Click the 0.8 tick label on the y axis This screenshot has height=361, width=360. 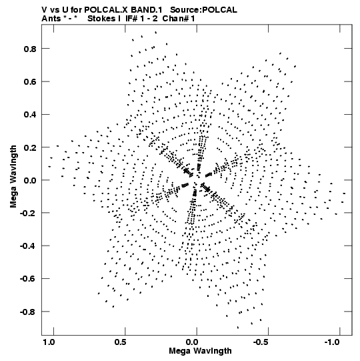pos(30,49)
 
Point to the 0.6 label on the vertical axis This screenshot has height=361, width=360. pos(30,81)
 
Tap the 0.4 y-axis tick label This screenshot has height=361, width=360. pos(30,114)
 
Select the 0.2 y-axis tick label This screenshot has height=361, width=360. pos(30,147)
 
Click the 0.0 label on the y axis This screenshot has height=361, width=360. pos(30,180)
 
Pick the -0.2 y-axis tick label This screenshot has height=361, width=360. pos(28,213)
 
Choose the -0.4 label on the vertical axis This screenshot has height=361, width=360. pos(28,246)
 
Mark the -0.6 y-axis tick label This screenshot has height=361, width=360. pos(28,279)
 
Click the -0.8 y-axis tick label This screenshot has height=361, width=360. pos(28,312)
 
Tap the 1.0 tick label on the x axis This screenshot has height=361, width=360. pos(49,342)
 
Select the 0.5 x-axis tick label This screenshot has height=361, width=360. pos(120,342)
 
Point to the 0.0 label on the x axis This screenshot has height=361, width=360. pos(192,342)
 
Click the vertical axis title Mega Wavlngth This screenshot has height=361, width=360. pos(13,177)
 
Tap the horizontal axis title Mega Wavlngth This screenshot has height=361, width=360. pos(200,351)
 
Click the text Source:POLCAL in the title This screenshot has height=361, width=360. pos(203,10)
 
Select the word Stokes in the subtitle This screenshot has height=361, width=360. pos(102,19)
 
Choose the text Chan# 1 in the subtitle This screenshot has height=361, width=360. pos(179,19)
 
